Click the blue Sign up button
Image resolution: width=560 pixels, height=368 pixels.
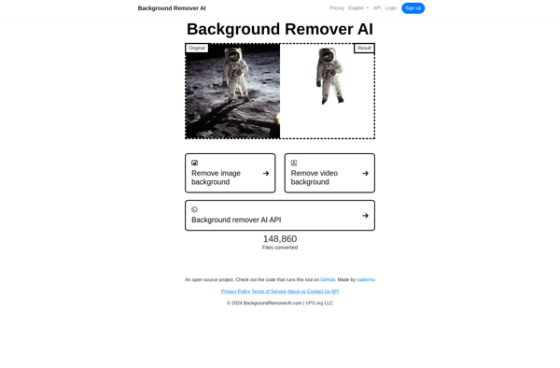tap(413, 8)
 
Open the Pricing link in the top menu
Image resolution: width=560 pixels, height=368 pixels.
tap(336, 8)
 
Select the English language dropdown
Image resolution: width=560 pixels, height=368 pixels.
tap(358, 8)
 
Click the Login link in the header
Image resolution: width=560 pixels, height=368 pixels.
tap(391, 8)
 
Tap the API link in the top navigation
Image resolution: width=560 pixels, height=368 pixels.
tap(377, 8)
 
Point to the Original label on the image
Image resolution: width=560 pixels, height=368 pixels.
tap(197, 48)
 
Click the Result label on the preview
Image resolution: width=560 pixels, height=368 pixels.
tap(364, 48)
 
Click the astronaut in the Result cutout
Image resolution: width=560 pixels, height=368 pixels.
tap(329, 76)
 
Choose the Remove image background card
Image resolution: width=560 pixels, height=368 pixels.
tap(230, 173)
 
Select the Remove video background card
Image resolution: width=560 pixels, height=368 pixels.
tap(329, 173)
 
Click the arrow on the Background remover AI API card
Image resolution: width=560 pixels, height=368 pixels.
tap(365, 216)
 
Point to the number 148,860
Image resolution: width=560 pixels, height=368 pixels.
tap(280, 239)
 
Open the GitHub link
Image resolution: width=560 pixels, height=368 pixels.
tap(328, 279)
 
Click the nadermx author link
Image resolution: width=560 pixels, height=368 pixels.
tap(366, 279)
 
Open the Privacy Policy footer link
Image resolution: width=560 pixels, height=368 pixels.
tap(235, 291)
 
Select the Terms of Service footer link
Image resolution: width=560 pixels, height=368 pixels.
tap(269, 291)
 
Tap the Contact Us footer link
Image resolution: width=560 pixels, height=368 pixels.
tap(318, 291)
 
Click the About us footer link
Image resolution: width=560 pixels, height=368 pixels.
tap(297, 291)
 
